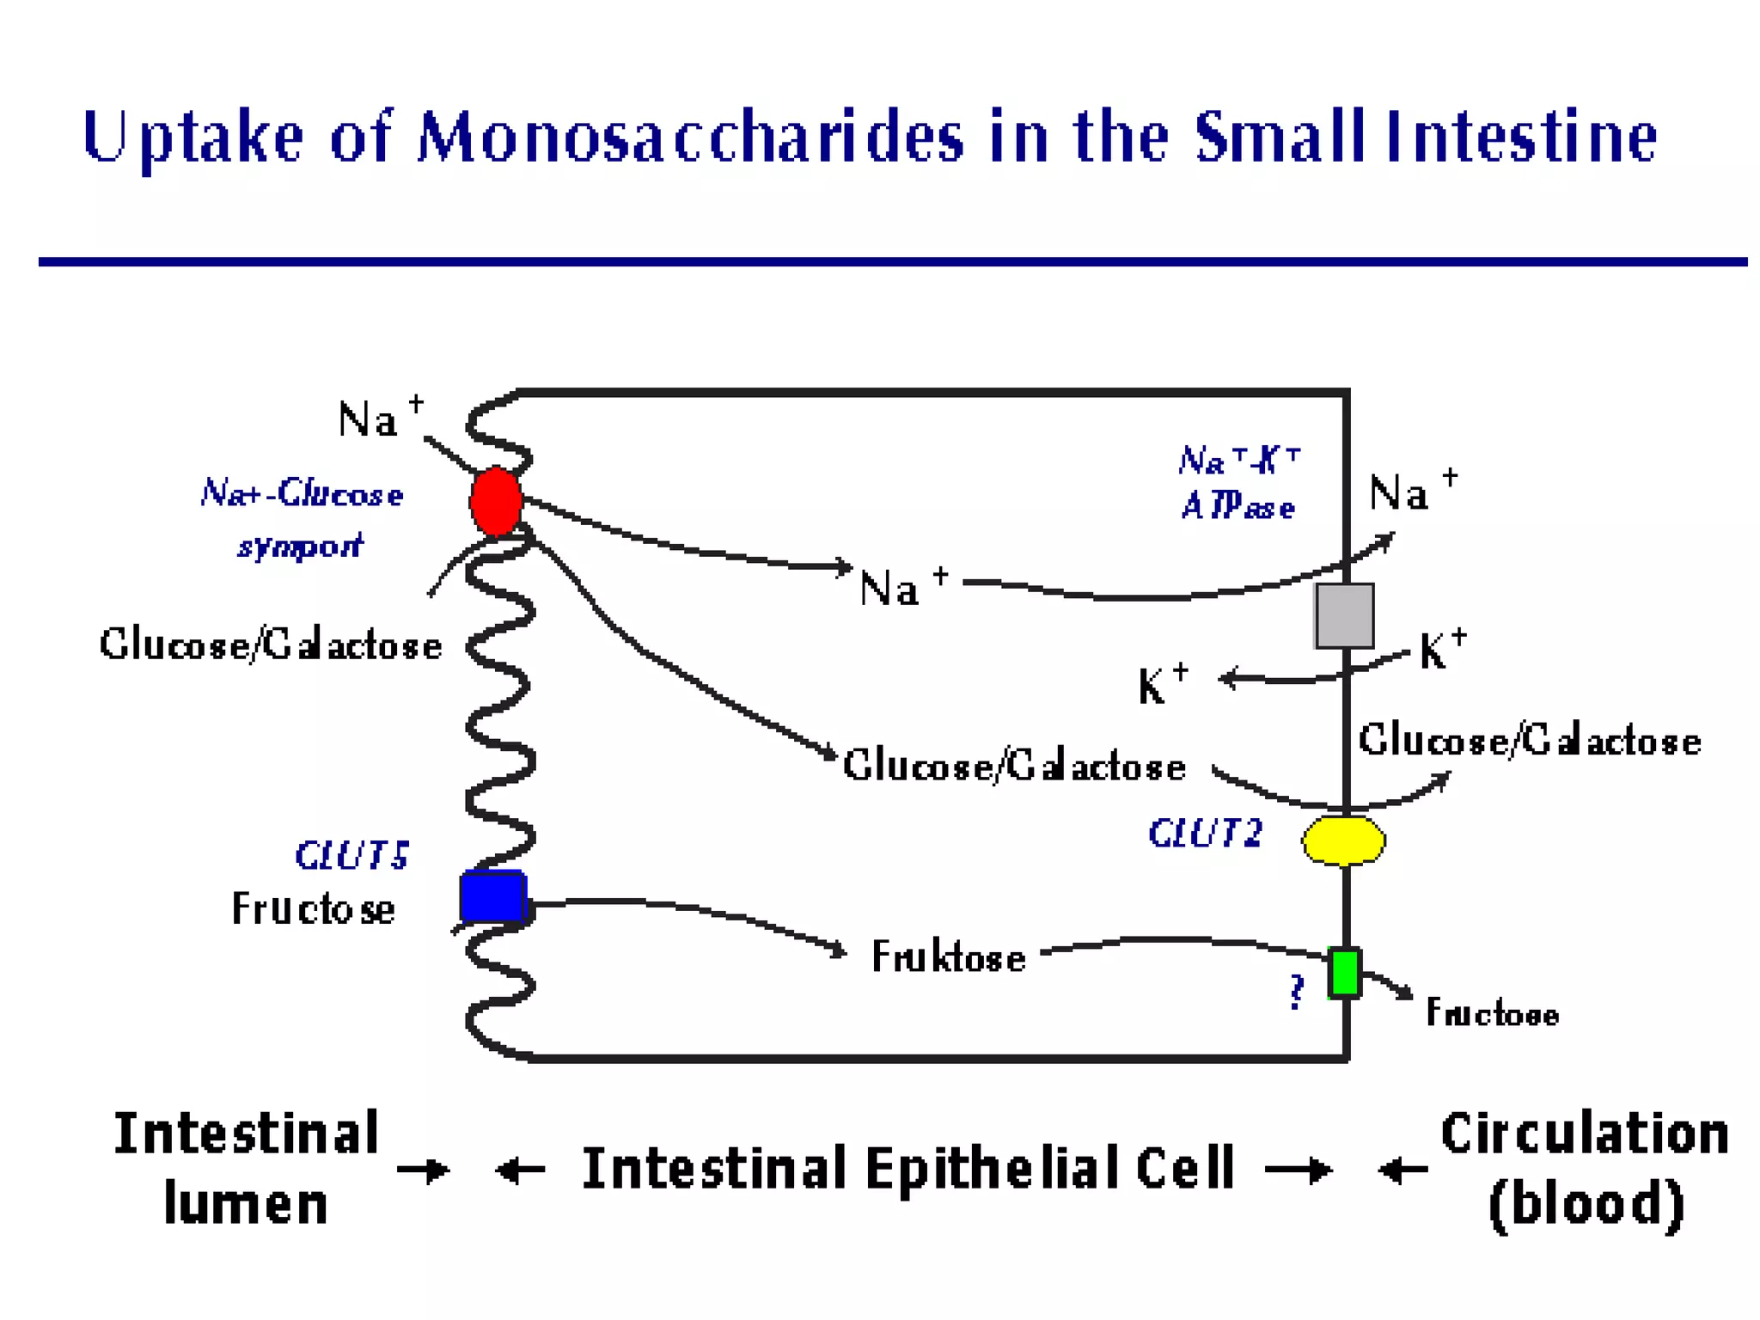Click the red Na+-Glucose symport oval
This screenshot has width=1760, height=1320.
point(496,502)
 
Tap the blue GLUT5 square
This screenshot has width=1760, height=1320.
point(492,896)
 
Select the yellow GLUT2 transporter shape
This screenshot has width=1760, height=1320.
point(1343,840)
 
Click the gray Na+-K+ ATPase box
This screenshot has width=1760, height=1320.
point(1344,615)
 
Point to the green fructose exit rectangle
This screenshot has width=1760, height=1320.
point(1344,973)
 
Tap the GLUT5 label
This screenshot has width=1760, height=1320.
point(351,855)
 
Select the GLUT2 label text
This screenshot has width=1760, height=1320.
point(1205,834)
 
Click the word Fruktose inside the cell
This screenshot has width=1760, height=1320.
point(948,956)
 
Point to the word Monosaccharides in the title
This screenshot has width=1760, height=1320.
point(690,137)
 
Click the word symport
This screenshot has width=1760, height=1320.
point(301,546)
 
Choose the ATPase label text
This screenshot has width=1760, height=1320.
point(1237,506)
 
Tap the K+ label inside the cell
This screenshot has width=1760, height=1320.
point(1162,685)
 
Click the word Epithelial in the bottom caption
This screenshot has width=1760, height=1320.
point(993,1169)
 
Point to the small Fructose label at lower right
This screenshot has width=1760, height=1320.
point(1492,1013)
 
